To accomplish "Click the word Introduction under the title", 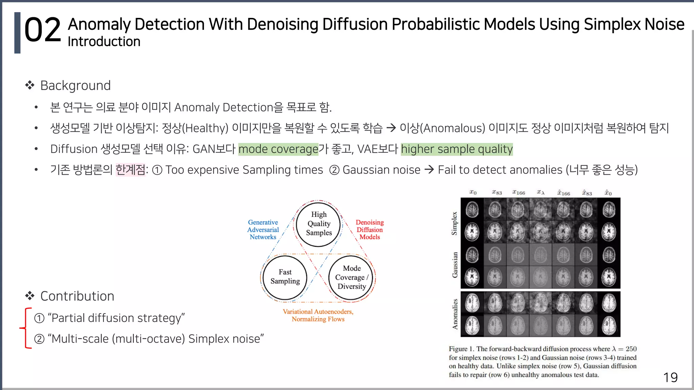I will tap(104, 42).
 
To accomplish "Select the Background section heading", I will tap(75, 86).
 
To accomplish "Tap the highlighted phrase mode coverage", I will tap(278, 149).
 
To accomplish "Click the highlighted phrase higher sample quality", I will tap(456, 149).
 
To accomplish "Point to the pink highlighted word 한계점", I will tap(130, 170).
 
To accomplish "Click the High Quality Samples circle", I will tap(318, 224).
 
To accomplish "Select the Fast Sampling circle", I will tap(285, 277).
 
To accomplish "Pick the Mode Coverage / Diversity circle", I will tap(351, 278).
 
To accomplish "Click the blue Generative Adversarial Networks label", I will tap(263, 230).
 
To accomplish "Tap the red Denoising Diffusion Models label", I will tap(370, 230).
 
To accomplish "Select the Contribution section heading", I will tap(77, 296).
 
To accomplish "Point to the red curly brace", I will tap(26, 328).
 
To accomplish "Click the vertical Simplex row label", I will tap(454, 223).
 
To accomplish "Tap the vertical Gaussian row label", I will tap(455, 265).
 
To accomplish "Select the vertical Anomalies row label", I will tap(455, 314).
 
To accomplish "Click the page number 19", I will tap(670, 377).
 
